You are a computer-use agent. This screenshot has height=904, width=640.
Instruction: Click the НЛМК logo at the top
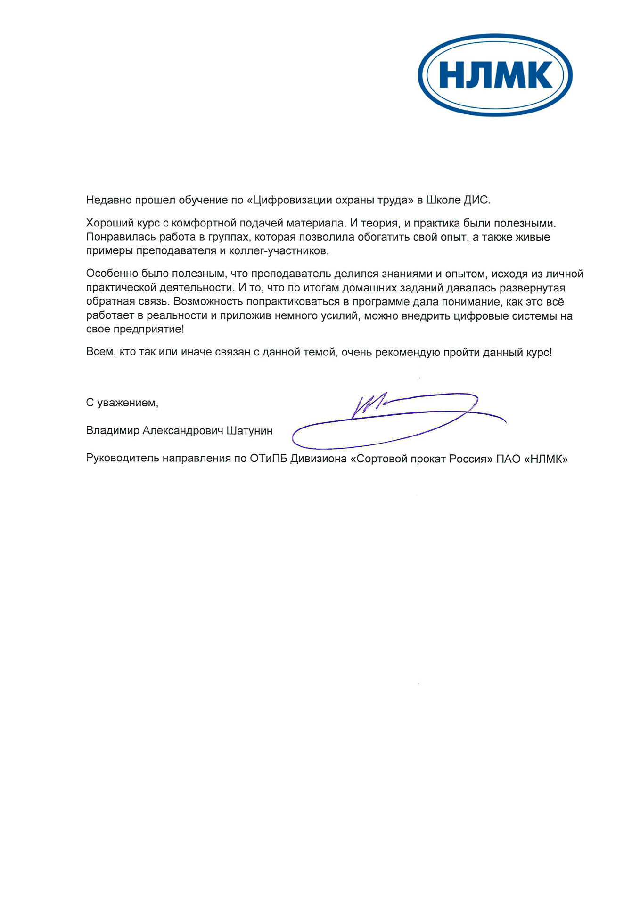495,75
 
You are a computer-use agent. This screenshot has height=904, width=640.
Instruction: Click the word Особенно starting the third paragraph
112,274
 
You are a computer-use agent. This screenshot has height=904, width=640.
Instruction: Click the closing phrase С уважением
122,403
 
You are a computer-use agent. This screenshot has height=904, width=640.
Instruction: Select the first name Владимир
113,431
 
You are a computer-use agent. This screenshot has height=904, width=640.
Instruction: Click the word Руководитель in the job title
123,459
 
